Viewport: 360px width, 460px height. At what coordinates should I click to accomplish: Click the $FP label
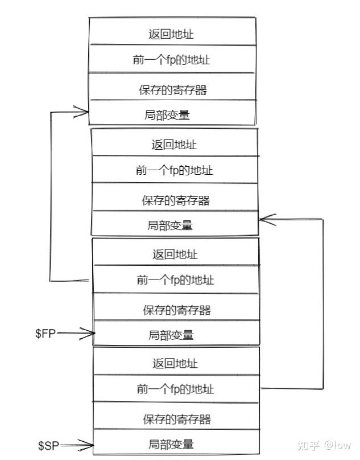(45, 334)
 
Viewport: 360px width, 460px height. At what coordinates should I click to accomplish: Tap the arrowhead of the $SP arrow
(89, 445)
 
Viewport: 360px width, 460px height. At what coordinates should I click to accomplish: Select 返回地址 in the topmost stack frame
(171, 34)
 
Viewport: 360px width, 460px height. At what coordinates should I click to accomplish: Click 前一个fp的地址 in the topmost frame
(172, 59)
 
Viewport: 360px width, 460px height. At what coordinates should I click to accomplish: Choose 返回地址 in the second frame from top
(174, 145)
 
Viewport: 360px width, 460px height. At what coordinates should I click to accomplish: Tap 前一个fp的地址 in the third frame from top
(175, 280)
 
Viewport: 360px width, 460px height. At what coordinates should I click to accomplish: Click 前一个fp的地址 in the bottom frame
(175, 389)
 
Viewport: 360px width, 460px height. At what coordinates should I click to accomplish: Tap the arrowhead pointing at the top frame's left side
(85, 112)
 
